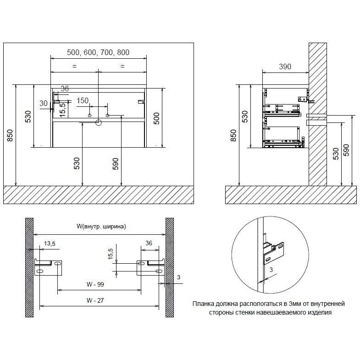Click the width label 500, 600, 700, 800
coord(98,52)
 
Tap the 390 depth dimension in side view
coord(285,66)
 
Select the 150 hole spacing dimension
coord(83,100)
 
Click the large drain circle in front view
coord(99,122)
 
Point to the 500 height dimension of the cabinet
coord(156,118)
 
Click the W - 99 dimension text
coord(95,284)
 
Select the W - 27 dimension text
coord(95,300)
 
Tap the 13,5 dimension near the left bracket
coord(50,244)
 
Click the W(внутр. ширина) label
coord(101,227)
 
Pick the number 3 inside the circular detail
coord(271,270)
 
